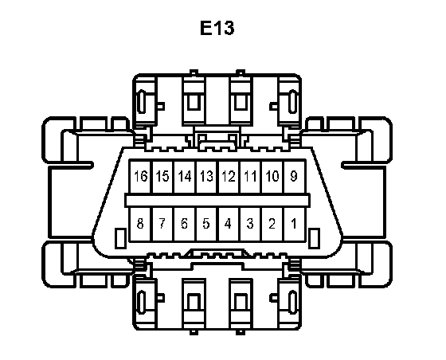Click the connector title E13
click(217, 28)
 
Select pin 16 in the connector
click(140, 177)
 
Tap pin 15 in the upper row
click(162, 177)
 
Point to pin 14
click(185, 177)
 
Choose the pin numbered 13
click(207, 177)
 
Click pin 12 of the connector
click(229, 177)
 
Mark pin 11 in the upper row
click(251, 177)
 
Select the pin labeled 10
click(272, 177)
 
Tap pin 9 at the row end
click(295, 177)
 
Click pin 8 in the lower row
click(140, 225)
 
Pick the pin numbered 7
click(162, 225)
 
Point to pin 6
click(185, 225)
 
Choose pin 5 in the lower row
click(207, 225)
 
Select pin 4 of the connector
click(229, 225)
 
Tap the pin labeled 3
click(251, 225)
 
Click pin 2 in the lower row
click(272, 225)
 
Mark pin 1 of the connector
click(295, 225)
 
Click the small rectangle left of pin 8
click(120, 238)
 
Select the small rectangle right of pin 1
click(314, 238)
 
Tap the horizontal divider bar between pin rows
click(217, 200)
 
